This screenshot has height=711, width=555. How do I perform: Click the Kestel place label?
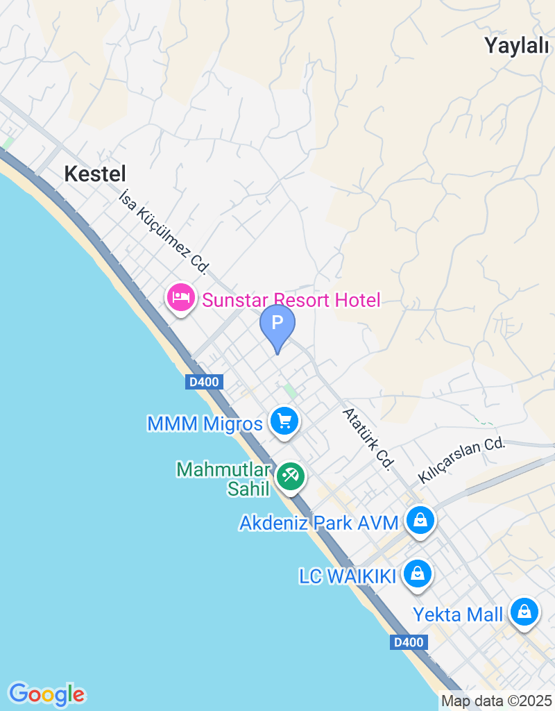[95, 174]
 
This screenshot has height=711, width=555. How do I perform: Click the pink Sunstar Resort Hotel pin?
[181, 299]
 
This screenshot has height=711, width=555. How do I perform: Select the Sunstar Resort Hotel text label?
[291, 300]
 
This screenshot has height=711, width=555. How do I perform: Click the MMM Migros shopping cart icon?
[284, 421]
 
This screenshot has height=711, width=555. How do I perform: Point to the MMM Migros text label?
[205, 423]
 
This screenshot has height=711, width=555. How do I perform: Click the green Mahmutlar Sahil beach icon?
[291, 477]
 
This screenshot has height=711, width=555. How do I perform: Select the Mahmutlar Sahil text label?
[223, 479]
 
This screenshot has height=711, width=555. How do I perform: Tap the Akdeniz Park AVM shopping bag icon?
[420, 520]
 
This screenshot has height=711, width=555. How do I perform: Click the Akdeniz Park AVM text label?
[319, 523]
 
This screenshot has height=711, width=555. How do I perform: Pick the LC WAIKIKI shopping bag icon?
[417, 574]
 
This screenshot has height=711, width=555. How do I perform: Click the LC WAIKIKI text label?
[347, 576]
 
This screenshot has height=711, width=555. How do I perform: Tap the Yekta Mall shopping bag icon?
[525, 612]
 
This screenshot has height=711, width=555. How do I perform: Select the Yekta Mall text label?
[458, 614]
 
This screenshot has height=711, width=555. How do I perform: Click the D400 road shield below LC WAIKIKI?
[407, 642]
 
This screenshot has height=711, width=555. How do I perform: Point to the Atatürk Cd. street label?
[368, 439]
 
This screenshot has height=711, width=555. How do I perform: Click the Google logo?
[46, 694]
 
